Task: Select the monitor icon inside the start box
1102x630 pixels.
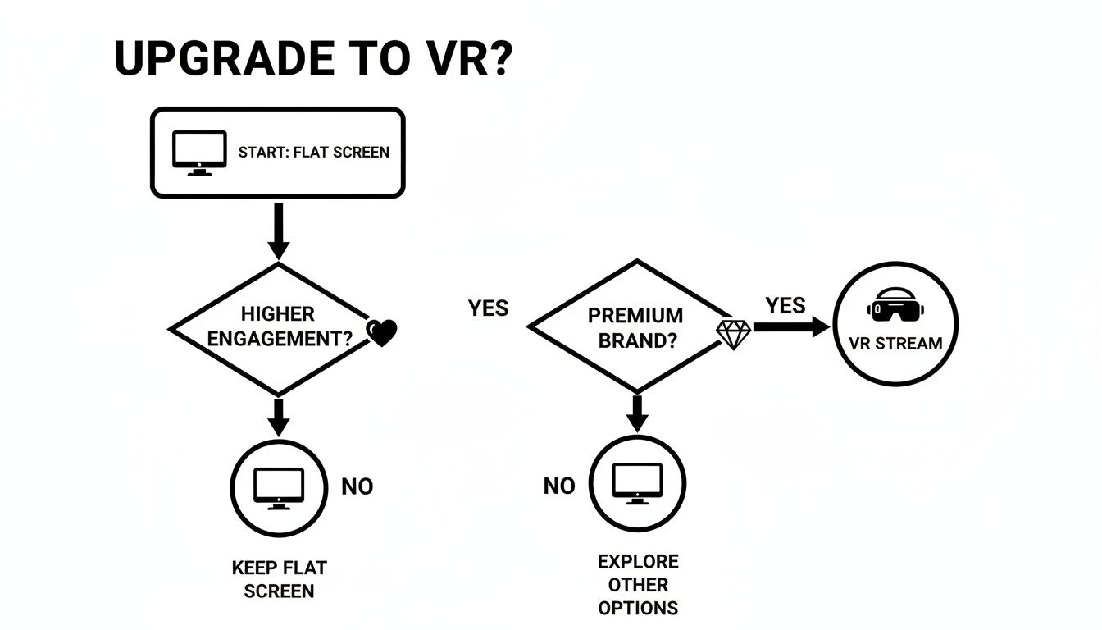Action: click(x=198, y=153)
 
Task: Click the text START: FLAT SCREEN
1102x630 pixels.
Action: click(x=313, y=153)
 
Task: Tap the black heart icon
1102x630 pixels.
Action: click(x=381, y=332)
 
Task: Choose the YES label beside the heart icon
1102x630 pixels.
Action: click(x=488, y=308)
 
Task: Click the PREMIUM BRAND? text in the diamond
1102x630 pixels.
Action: click(x=635, y=328)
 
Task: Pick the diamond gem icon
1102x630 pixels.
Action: click(x=734, y=333)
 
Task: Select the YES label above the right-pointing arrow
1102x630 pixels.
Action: click(x=786, y=306)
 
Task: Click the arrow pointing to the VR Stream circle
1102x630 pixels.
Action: click(x=790, y=327)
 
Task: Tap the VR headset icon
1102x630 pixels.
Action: click(x=895, y=307)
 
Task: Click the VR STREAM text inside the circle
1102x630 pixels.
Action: click(x=895, y=343)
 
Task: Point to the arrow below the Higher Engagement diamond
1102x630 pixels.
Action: click(x=279, y=417)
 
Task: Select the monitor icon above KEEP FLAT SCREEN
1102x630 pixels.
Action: click(x=279, y=488)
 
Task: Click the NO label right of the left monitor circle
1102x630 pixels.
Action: click(x=357, y=486)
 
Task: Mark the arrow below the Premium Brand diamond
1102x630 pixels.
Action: click(x=636, y=413)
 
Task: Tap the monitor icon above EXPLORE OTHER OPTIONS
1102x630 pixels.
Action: click(x=637, y=484)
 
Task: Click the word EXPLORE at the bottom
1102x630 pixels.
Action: click(x=638, y=562)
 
